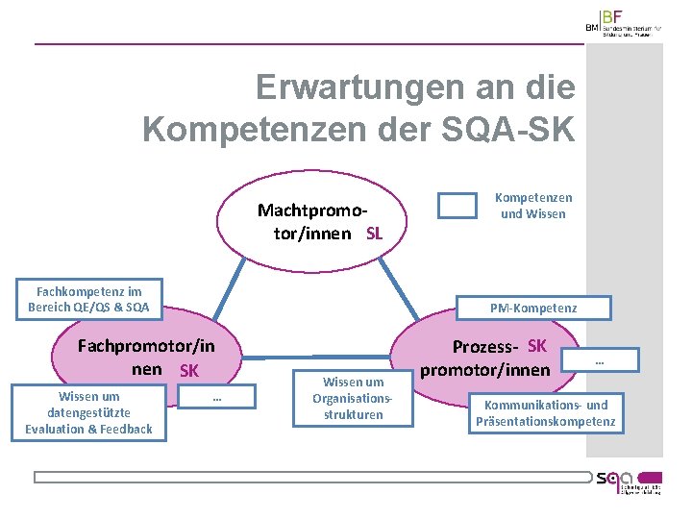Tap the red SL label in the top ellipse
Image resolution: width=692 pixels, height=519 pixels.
375,235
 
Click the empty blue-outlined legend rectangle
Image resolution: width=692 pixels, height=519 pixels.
457,206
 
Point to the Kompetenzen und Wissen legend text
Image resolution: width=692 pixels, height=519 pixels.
532,206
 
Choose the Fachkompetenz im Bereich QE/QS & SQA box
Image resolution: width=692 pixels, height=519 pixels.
88,300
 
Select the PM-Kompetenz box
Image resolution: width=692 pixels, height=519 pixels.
533,308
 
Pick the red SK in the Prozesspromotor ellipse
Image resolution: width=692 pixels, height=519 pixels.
537,346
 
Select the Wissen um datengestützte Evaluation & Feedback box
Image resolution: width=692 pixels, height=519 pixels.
88,412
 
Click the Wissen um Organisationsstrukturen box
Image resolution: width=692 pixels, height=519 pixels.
353,398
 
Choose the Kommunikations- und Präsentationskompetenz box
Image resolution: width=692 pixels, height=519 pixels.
546,413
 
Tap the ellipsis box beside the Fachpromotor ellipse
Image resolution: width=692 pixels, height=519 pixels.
218,396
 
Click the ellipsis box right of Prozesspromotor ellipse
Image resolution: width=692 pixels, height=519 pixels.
601,362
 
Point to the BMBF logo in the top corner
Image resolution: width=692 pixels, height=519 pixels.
624,23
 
